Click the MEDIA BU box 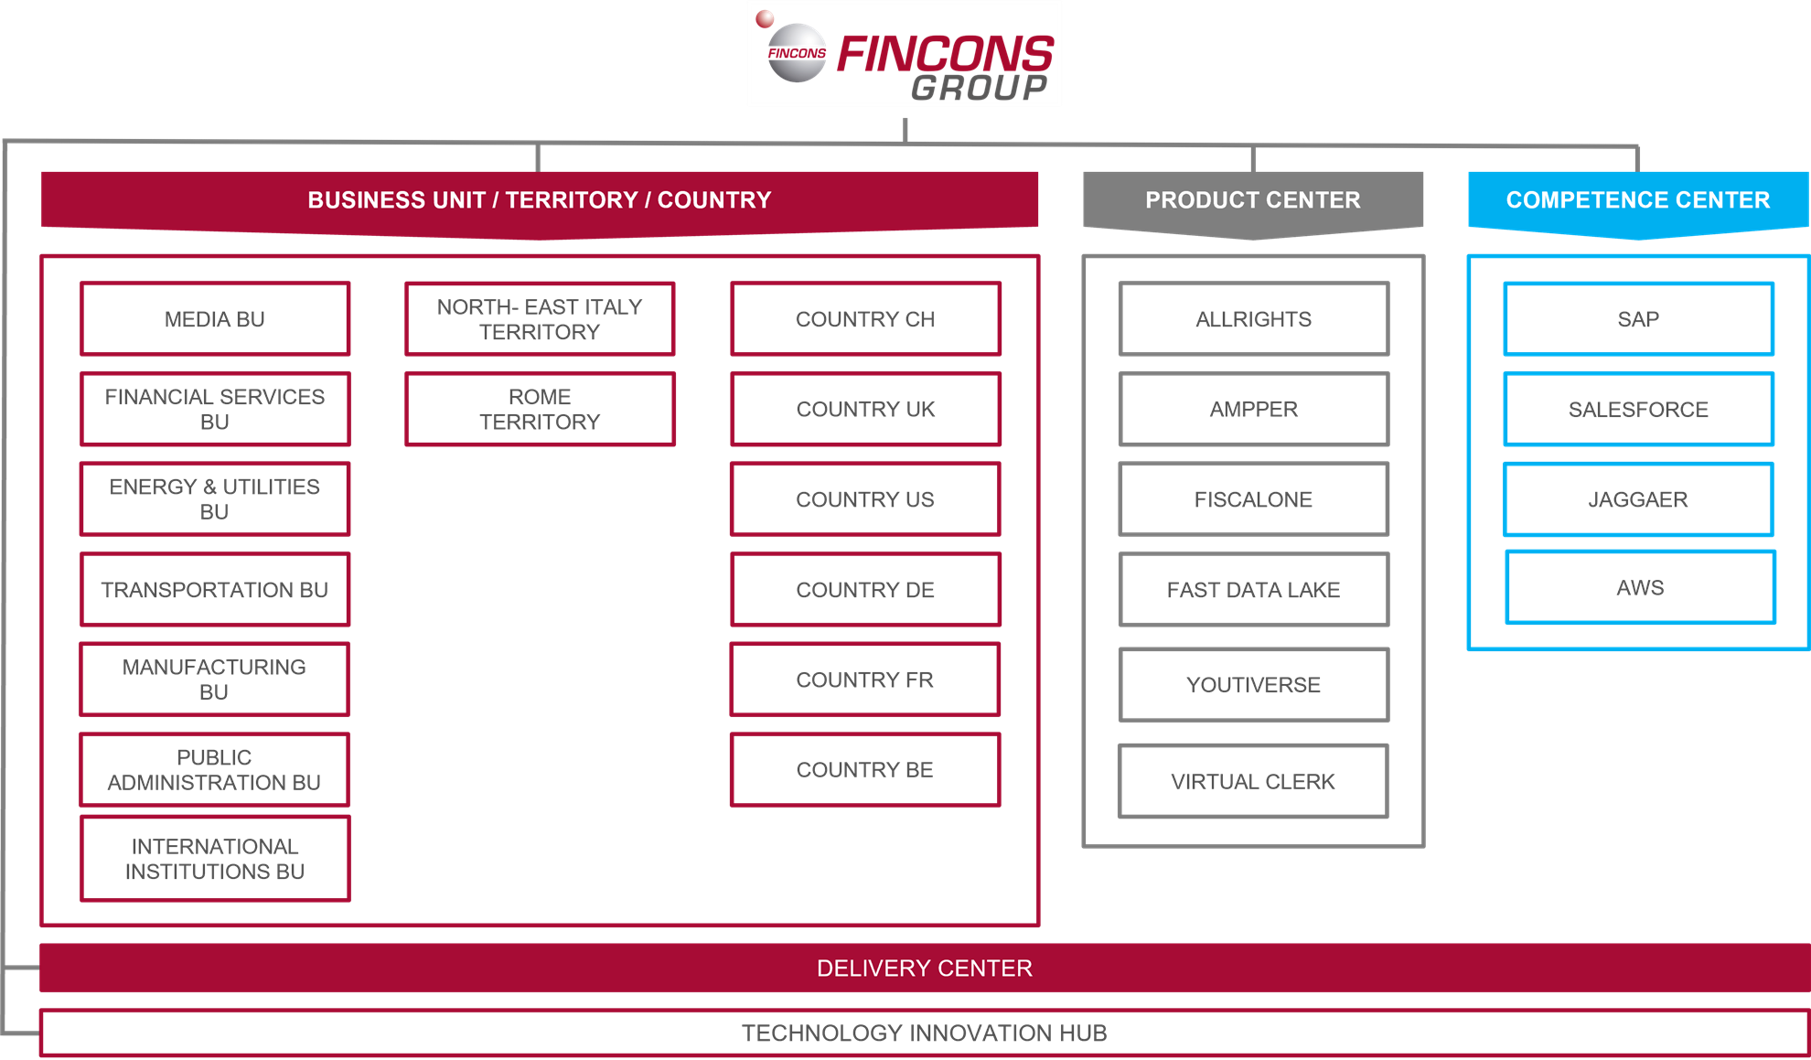215,318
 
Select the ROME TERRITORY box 540,409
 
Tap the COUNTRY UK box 865,409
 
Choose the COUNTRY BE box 865,769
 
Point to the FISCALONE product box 1253,499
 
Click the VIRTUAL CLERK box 1253,781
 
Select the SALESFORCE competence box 1638,409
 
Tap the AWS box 1640,587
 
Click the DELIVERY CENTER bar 925,968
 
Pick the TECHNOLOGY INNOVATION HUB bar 925,1033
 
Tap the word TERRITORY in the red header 572,199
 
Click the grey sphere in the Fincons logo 797,53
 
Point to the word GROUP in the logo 980,88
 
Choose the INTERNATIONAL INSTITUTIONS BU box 215,859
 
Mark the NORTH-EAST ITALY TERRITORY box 540,318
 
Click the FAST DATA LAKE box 1253,589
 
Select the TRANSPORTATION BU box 215,589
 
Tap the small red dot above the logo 765,18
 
